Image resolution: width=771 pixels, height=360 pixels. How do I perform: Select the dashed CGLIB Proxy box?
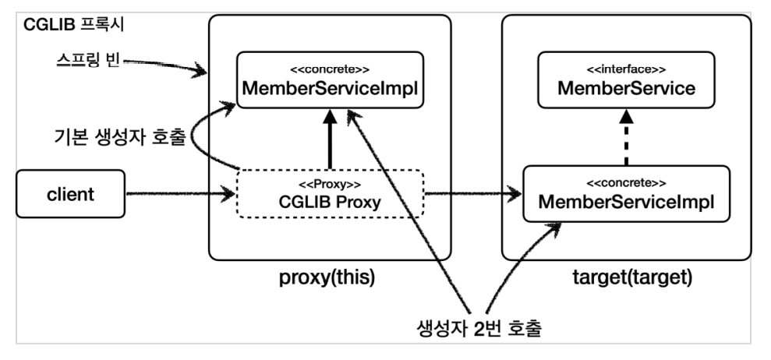coord(329,195)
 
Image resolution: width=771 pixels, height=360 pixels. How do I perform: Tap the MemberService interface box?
coord(626,82)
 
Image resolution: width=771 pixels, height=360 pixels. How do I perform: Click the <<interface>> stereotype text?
coord(626,68)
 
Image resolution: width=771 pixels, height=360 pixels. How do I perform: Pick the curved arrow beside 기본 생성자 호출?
coord(195,140)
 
